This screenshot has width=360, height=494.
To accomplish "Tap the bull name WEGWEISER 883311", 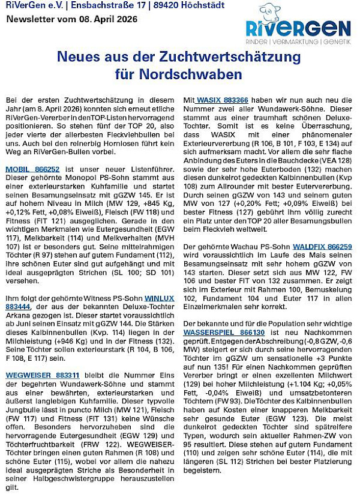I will pyautogui.click(x=42, y=375).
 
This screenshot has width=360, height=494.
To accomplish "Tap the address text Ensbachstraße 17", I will pyautogui.click(x=100, y=6).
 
